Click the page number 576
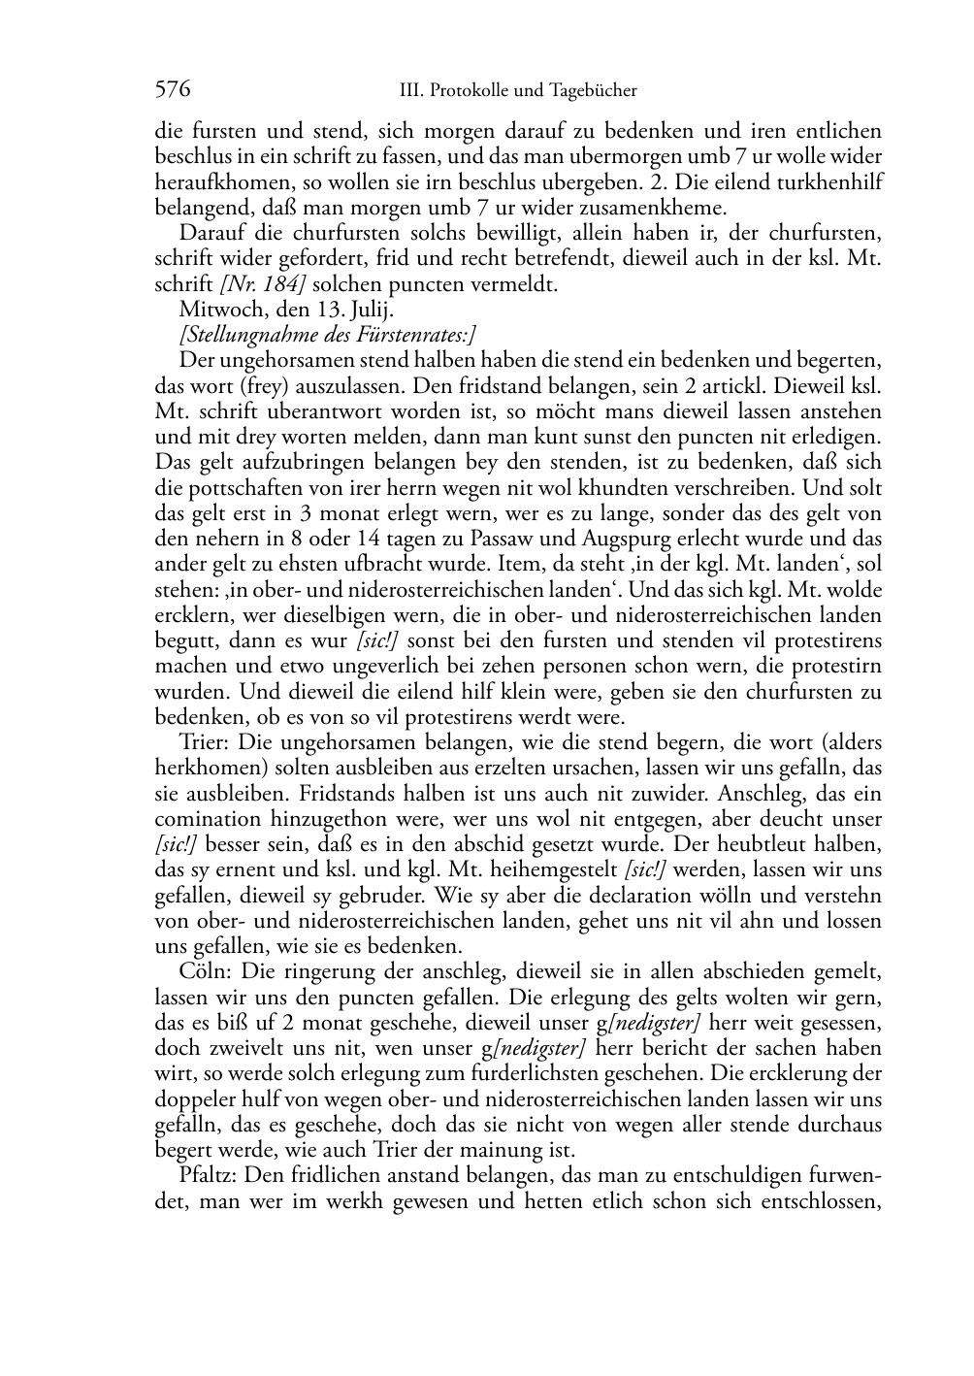172,90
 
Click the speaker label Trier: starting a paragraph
204,742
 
